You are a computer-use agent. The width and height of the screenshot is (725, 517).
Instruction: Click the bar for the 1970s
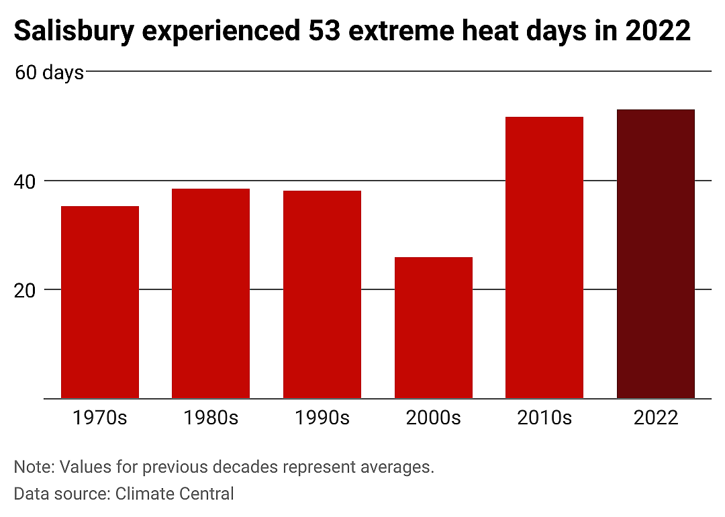[100, 302]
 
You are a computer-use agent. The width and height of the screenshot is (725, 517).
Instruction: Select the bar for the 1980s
[211, 293]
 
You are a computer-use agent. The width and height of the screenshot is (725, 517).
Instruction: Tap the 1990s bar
[322, 294]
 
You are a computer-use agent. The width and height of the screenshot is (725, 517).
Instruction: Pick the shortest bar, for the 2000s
[433, 328]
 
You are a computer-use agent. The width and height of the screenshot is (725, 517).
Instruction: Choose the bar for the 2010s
[544, 258]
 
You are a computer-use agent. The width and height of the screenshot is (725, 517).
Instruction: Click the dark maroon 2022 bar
[656, 254]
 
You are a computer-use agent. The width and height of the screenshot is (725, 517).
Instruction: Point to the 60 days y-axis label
[49, 73]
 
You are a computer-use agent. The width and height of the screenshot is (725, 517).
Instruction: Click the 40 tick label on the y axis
[25, 182]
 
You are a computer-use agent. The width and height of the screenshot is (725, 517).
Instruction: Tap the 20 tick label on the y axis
[25, 291]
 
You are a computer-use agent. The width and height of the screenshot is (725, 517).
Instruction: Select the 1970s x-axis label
[100, 418]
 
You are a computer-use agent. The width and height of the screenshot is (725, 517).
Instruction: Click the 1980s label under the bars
[211, 418]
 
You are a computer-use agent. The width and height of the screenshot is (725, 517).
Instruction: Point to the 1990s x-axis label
[322, 418]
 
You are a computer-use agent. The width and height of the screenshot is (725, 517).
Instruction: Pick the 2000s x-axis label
[433, 418]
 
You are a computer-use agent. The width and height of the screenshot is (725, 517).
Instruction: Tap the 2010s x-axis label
[544, 418]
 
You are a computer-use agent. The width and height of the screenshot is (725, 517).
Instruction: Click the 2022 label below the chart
[656, 418]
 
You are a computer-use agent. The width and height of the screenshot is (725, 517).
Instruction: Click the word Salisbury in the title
[74, 32]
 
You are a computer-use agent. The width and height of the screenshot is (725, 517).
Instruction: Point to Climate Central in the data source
[175, 493]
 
